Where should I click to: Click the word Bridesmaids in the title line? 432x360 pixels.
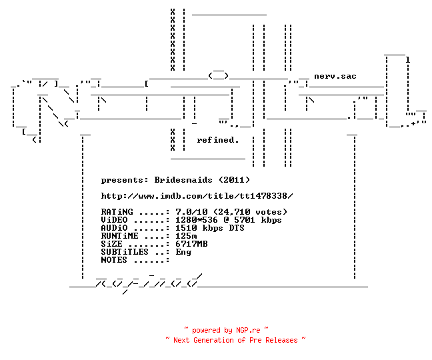click(183, 180)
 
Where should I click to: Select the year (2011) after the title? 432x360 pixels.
click(235, 180)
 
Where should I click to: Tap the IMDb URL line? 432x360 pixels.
click(197, 196)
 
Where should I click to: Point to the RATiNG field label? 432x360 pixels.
click(117, 212)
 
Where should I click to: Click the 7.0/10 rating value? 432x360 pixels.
click(191, 212)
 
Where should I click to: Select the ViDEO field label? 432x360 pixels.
click(115, 220)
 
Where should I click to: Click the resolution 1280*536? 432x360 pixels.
click(197, 220)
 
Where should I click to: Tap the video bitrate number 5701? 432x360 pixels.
click(245, 220)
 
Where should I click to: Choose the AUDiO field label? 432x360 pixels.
click(115, 228)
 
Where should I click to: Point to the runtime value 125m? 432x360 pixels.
click(186, 236)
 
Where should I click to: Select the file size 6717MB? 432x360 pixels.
click(191, 244)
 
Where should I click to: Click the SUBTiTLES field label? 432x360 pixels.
click(125, 252)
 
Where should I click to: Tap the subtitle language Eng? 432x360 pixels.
click(183, 252)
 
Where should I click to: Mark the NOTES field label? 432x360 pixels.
click(114, 260)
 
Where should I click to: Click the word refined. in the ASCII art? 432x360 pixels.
click(217, 140)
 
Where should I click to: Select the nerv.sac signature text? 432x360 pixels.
click(335, 76)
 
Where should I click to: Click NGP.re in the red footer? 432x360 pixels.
click(248, 330)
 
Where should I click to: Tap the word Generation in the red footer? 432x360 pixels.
click(213, 340)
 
